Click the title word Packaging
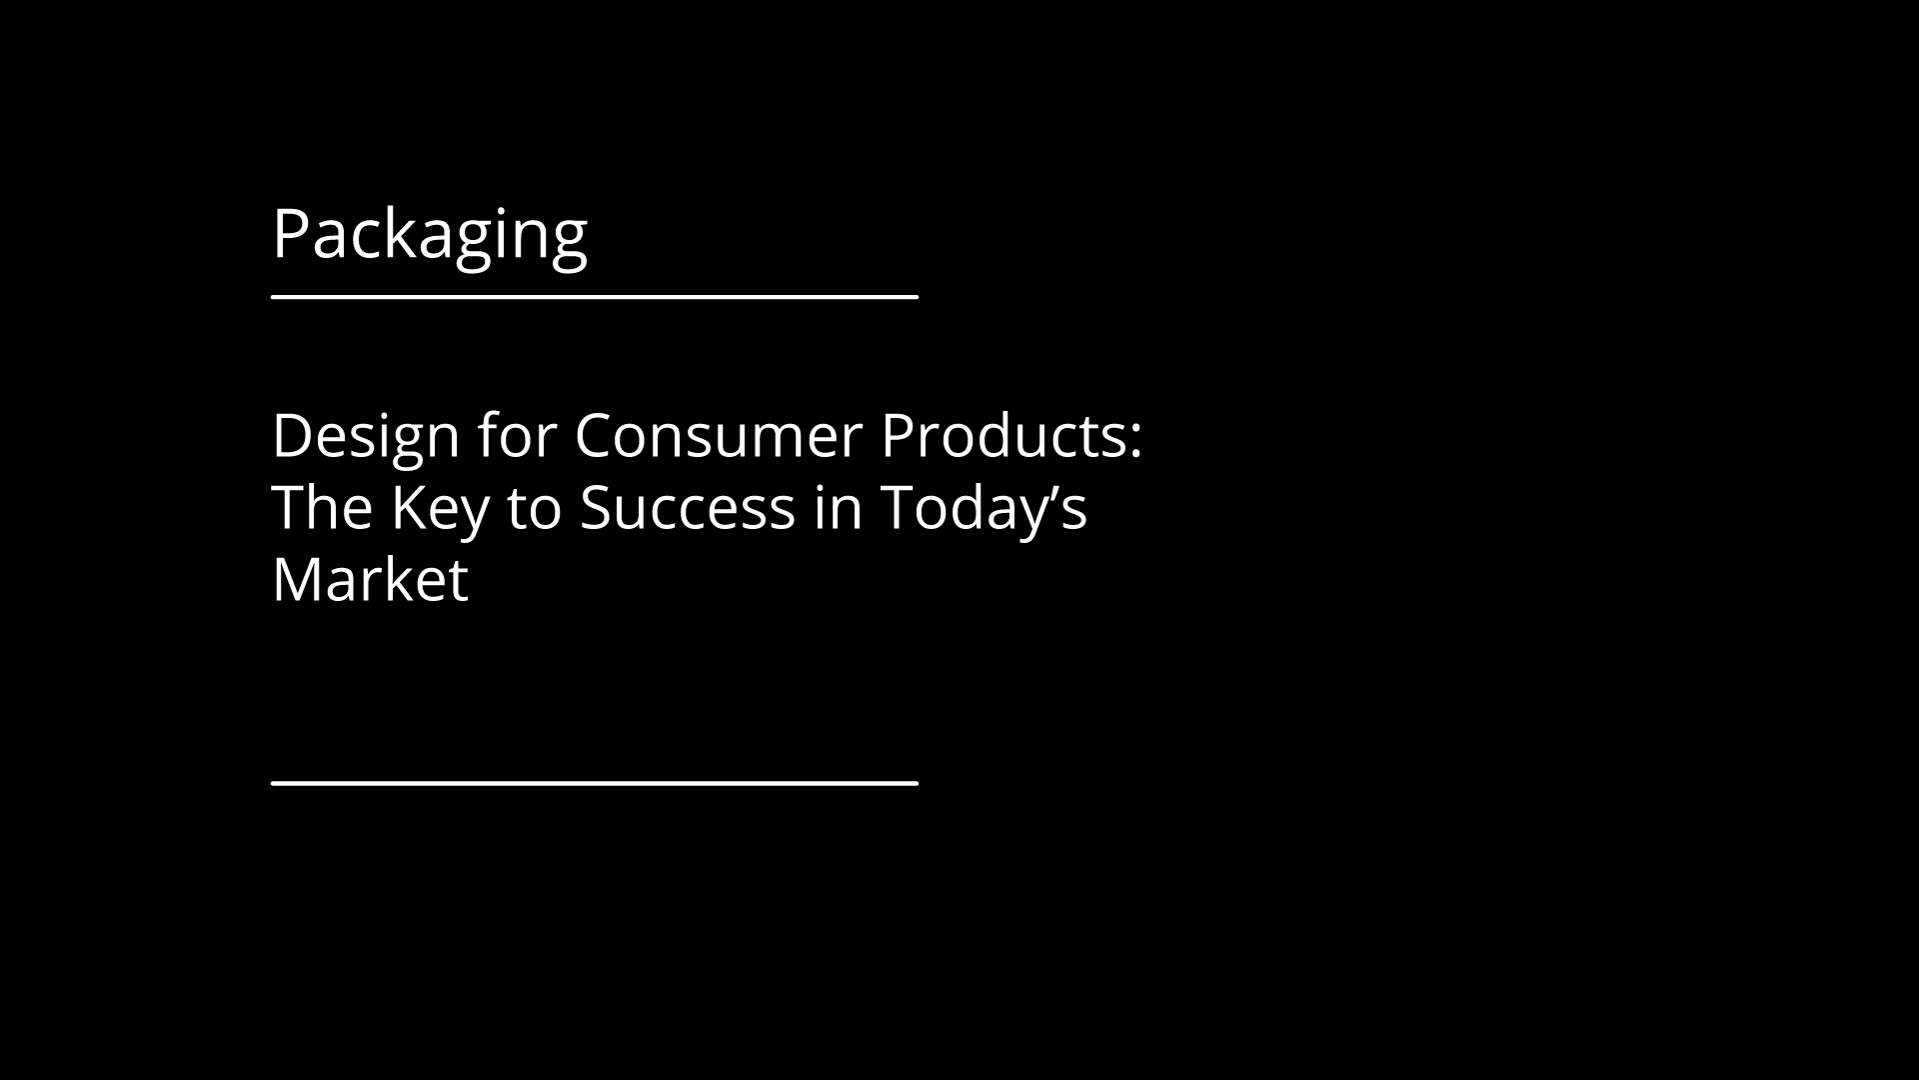430,236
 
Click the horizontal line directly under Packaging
595,296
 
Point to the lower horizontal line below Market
595,783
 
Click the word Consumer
718,436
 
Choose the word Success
688,508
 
